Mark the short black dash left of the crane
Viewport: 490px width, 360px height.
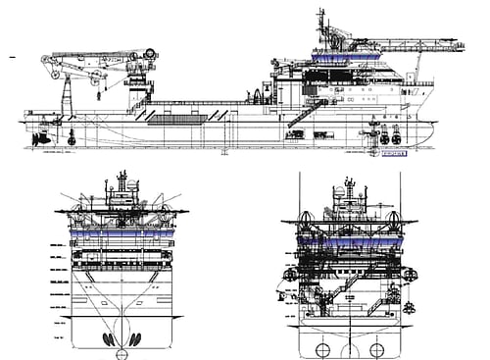point(12,58)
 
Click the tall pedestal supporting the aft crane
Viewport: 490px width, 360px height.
point(66,102)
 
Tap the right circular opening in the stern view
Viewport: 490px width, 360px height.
point(376,348)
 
